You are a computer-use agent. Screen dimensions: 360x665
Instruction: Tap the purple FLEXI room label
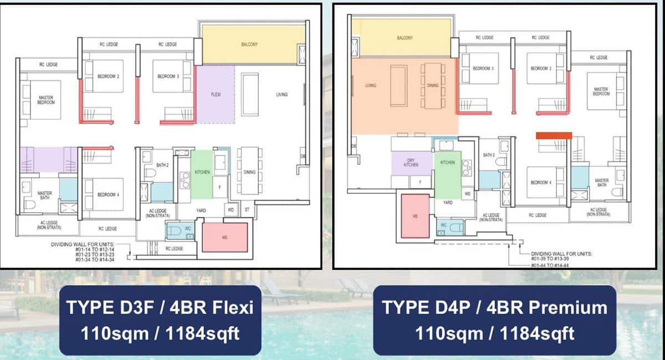pyautogui.click(x=216, y=95)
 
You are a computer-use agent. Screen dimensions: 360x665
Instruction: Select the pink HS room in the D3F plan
pyautogui.click(x=224, y=237)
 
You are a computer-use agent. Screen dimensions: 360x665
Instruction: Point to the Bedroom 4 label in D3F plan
pyautogui.click(x=106, y=194)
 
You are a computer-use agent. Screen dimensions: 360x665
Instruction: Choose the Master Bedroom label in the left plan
pyautogui.click(x=46, y=100)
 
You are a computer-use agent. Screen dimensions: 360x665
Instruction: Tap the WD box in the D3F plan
pyautogui.click(x=231, y=210)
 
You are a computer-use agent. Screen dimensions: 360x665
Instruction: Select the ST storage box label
pyautogui.click(x=246, y=210)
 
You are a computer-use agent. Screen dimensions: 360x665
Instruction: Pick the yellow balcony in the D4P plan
pyautogui.click(x=405, y=38)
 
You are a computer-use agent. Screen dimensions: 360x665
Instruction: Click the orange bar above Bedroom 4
pyautogui.click(x=554, y=135)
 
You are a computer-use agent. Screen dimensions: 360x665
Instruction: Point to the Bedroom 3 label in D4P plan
pyautogui.click(x=483, y=68)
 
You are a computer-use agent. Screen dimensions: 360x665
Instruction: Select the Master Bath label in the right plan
pyautogui.click(x=602, y=183)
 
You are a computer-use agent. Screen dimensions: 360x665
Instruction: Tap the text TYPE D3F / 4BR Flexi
pyautogui.click(x=160, y=307)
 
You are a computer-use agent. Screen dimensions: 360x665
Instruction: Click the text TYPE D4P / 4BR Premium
pyautogui.click(x=494, y=307)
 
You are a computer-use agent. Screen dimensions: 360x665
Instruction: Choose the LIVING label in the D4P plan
pyautogui.click(x=371, y=86)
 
